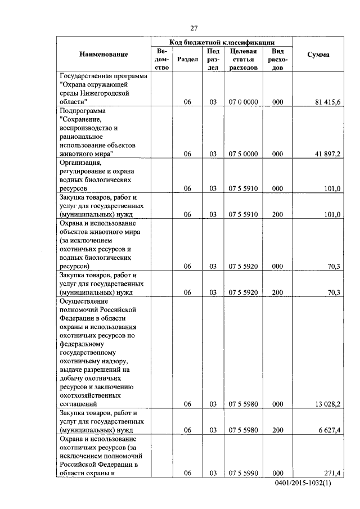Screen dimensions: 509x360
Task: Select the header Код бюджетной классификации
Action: point(222,42)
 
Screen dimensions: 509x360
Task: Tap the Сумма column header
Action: point(318,55)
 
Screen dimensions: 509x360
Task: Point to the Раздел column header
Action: point(187,59)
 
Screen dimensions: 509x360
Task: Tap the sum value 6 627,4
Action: point(326,430)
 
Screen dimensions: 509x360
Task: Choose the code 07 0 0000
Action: point(244,102)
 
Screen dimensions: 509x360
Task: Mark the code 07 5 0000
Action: point(244,154)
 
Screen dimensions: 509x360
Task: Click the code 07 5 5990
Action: point(244,473)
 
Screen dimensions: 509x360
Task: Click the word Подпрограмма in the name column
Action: point(83,111)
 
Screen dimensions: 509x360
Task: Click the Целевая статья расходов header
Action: point(244,59)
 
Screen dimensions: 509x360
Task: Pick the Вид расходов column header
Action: point(277,59)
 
